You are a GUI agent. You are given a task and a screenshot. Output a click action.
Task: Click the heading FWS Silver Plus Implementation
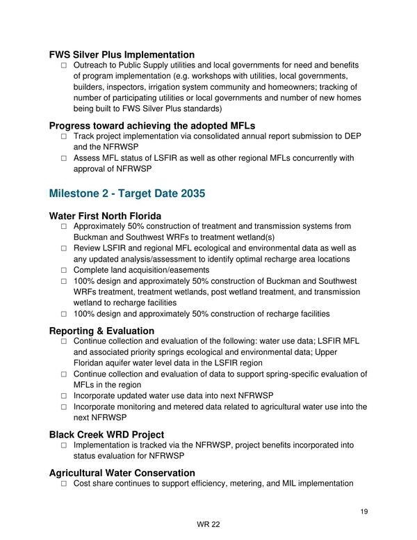click(122, 54)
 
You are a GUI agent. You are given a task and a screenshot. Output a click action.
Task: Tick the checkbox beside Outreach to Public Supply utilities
click(64, 65)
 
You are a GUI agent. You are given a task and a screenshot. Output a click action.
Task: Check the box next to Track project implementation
click(64, 136)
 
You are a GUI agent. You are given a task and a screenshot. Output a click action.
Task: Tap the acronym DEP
click(352, 136)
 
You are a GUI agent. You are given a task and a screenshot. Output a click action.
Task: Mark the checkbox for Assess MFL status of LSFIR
click(64, 159)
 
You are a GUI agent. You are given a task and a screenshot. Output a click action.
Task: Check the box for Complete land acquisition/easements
click(64, 270)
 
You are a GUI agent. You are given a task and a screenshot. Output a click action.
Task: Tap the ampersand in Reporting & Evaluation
click(101, 331)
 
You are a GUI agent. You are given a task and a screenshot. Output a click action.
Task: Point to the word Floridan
click(90, 363)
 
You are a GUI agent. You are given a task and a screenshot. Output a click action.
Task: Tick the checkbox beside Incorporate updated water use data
click(64, 396)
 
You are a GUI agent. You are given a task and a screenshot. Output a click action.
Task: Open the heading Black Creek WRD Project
click(106, 435)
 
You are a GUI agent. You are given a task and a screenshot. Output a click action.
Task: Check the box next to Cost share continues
click(64, 484)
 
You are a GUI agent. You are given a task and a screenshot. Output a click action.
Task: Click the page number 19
click(364, 512)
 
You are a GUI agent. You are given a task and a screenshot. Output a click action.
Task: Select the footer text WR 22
click(208, 525)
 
